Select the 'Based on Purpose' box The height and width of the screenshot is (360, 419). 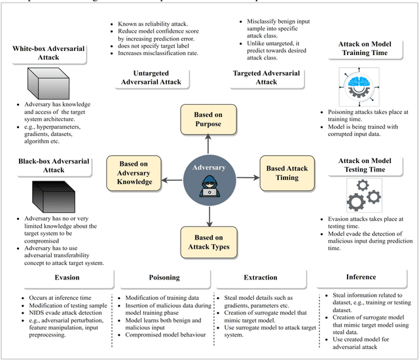click(208, 119)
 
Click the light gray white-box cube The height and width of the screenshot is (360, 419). click(48, 84)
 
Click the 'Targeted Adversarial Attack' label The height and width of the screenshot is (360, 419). click(264, 78)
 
